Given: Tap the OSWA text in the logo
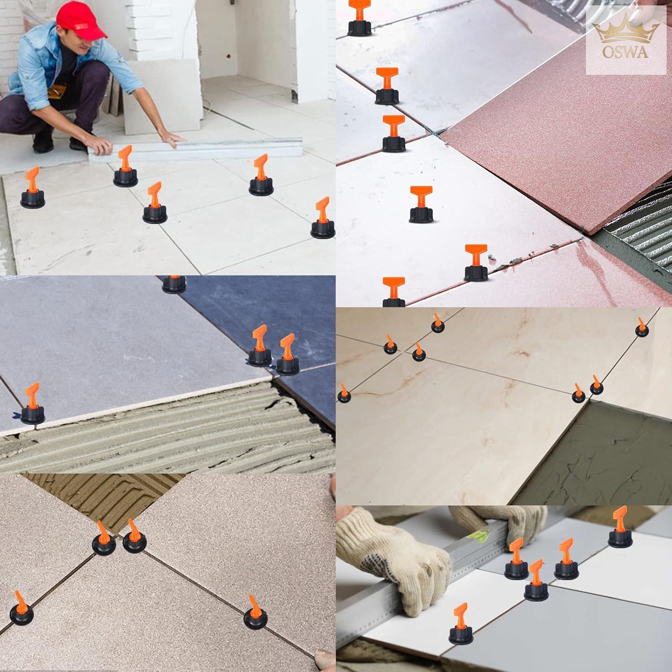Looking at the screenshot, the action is pyautogui.click(x=625, y=52).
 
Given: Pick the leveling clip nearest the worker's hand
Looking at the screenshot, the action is pyautogui.click(x=125, y=167).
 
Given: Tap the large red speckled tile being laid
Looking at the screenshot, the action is pyautogui.click(x=558, y=134).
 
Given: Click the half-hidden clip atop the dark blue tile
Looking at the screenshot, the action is pyautogui.click(x=174, y=284).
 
